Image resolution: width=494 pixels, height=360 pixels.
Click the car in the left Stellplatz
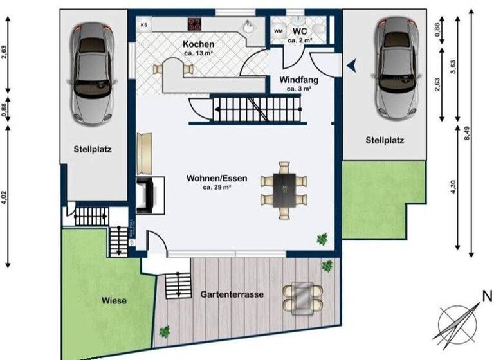click(x=94, y=73)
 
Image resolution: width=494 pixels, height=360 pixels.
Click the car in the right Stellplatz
click(x=401, y=67)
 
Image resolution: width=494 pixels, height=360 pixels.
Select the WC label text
click(x=299, y=31)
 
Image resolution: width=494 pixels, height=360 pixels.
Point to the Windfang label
click(x=299, y=80)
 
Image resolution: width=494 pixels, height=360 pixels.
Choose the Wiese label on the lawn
click(x=114, y=300)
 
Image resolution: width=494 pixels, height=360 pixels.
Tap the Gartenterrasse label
click(x=232, y=294)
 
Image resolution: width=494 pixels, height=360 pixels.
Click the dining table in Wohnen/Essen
click(x=284, y=188)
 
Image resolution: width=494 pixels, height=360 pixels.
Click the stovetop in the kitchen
click(x=195, y=24)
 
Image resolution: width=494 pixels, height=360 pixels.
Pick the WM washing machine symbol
click(x=279, y=31)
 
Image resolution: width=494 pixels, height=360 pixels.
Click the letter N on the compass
click(x=486, y=296)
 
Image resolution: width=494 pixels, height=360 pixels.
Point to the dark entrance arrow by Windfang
click(x=351, y=64)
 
